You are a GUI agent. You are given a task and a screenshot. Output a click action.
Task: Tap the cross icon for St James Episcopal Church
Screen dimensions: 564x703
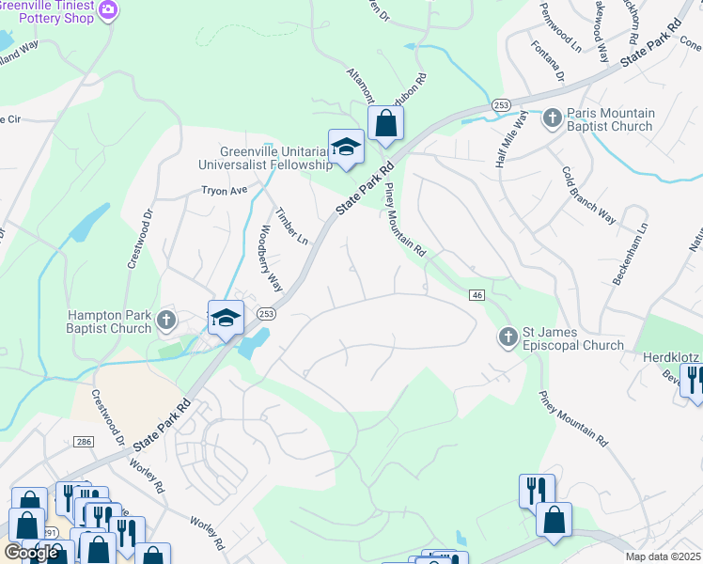508,337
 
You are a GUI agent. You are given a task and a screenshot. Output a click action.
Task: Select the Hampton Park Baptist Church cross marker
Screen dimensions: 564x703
166,320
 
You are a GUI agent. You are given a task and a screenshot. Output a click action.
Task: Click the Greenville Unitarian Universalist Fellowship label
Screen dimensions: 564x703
264,158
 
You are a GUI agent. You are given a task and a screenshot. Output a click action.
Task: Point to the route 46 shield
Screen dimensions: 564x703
477,295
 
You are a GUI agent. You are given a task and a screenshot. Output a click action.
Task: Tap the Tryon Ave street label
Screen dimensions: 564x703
224,190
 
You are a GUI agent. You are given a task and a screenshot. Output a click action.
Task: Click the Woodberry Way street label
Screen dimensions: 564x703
270,258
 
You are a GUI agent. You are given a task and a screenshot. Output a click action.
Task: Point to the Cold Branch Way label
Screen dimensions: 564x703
587,195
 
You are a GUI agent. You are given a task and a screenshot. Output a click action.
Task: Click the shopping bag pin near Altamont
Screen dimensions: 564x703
385,123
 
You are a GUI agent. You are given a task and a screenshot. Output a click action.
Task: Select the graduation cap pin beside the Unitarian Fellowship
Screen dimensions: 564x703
346,146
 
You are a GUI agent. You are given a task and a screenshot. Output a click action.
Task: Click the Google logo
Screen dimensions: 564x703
31,553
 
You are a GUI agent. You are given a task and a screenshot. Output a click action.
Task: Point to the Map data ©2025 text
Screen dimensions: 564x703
664,556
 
